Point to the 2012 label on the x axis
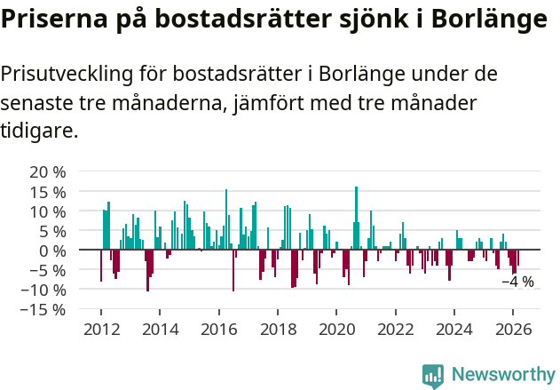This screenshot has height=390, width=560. coord(101,329)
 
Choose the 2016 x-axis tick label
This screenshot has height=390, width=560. coord(219,329)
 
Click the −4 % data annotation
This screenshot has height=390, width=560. coord(518,282)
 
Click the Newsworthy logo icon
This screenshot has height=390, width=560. coord(433,375)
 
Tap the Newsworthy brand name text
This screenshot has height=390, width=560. coord(502,375)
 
